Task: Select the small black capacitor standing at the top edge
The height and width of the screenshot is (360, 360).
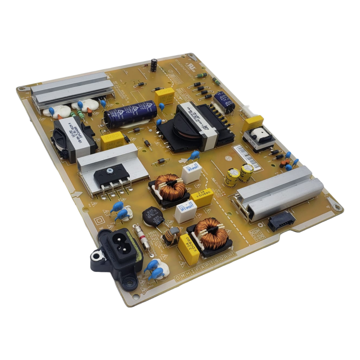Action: (154, 64)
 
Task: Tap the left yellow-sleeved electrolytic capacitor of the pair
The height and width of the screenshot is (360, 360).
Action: (232, 176)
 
